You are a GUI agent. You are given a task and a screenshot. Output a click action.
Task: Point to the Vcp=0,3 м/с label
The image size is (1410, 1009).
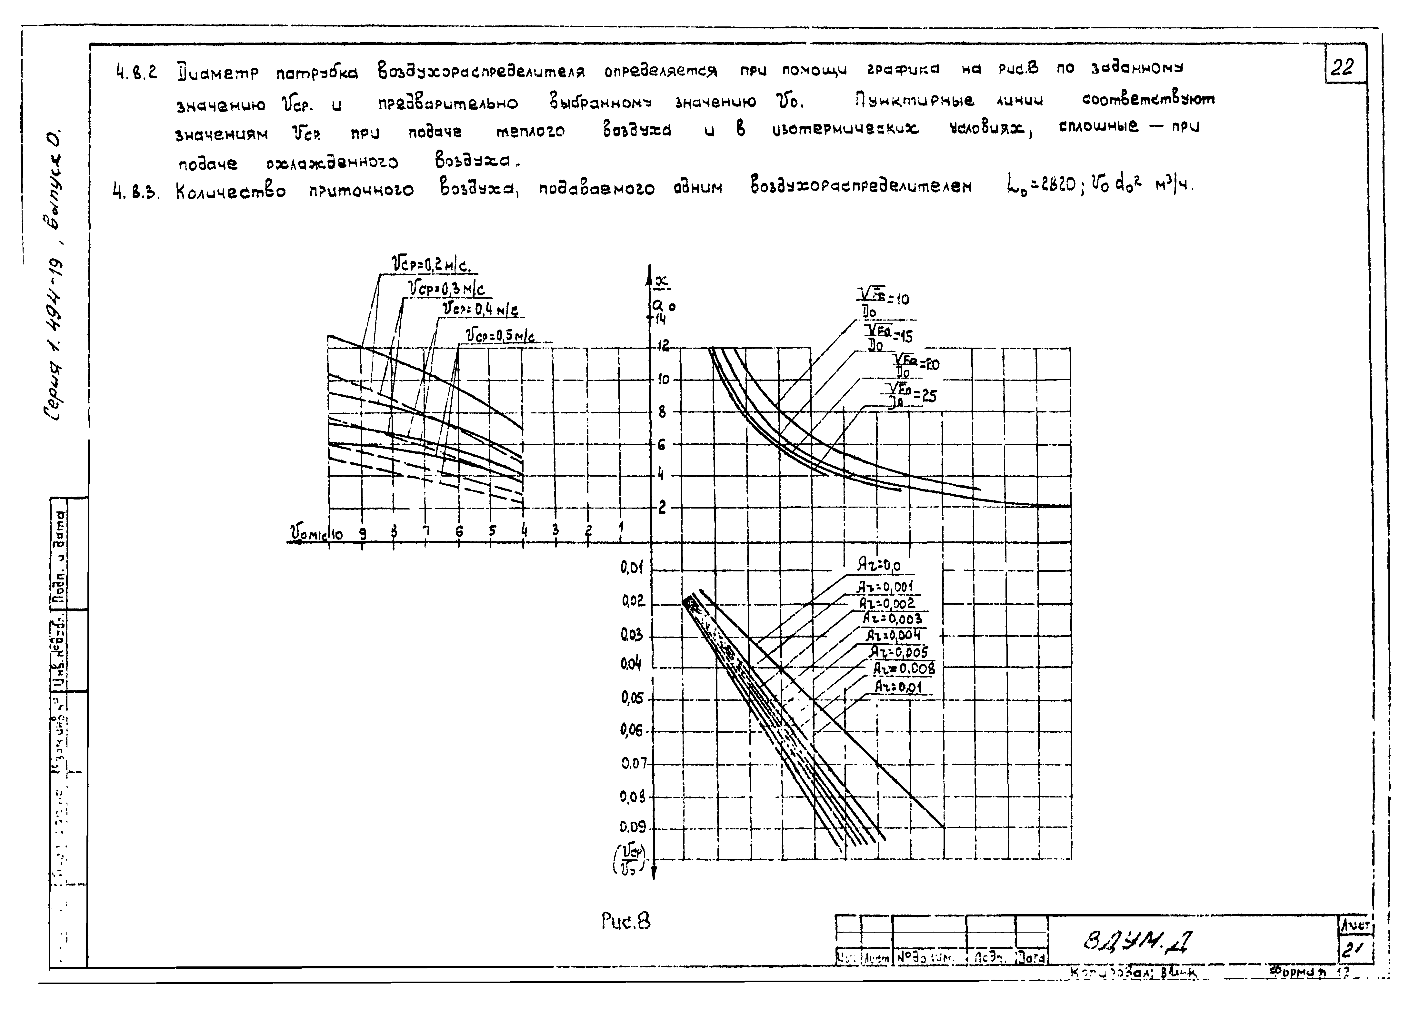[x=446, y=289]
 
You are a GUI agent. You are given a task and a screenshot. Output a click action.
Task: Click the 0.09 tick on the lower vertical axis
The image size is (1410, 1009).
[x=633, y=827]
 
